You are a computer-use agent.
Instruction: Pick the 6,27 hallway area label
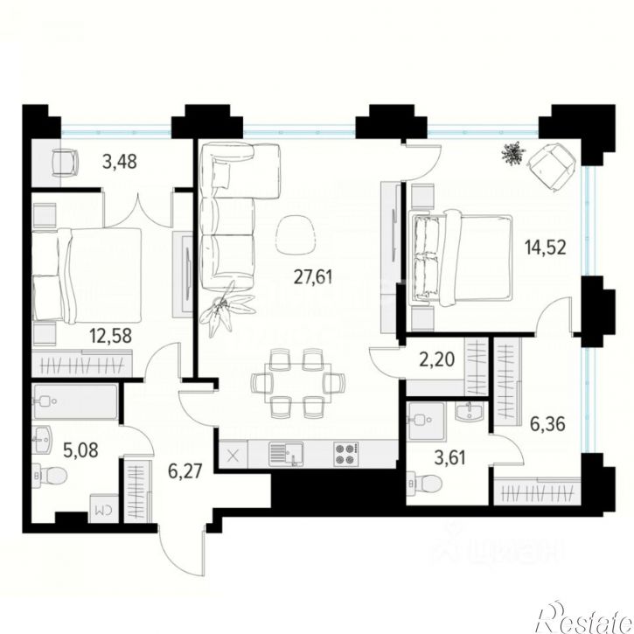pyautogui.click(x=185, y=472)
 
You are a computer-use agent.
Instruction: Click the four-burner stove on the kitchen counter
pyautogui.click(x=345, y=454)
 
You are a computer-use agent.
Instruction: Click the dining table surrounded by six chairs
pyautogui.click(x=289, y=382)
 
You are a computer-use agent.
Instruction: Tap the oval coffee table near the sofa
pyautogui.click(x=298, y=232)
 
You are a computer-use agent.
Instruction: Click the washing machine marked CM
pyautogui.click(x=101, y=506)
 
